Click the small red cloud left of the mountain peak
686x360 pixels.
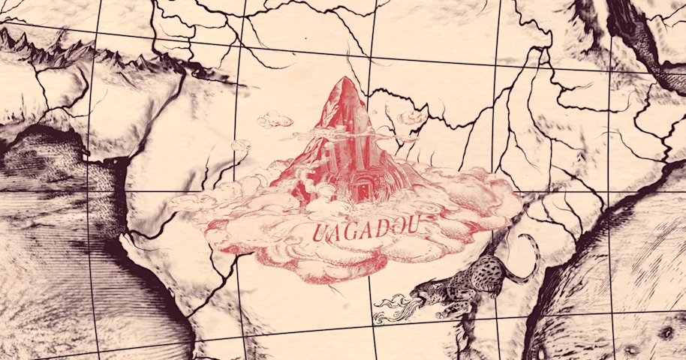[275, 118]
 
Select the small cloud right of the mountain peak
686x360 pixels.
[411, 118]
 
